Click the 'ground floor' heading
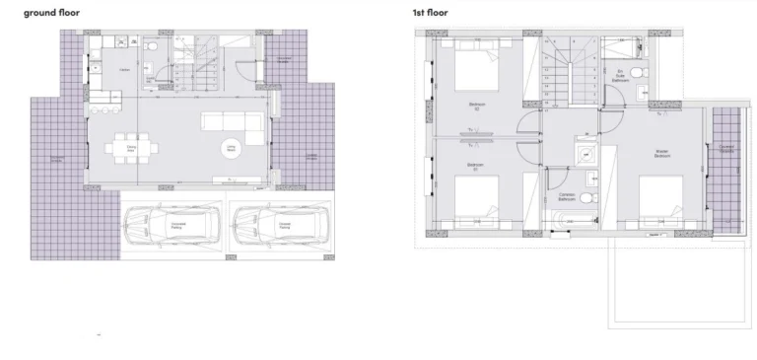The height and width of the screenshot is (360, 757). [52, 13]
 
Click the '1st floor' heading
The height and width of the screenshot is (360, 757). [430, 13]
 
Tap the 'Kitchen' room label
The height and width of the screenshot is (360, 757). [125, 70]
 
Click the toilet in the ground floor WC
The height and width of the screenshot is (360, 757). [149, 46]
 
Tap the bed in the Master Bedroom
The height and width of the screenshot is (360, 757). [662, 202]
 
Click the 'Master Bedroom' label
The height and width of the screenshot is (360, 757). [662, 154]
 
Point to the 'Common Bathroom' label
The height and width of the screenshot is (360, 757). [566, 196]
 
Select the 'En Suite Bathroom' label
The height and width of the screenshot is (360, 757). [620, 75]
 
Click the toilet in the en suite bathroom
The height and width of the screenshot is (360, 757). [638, 74]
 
